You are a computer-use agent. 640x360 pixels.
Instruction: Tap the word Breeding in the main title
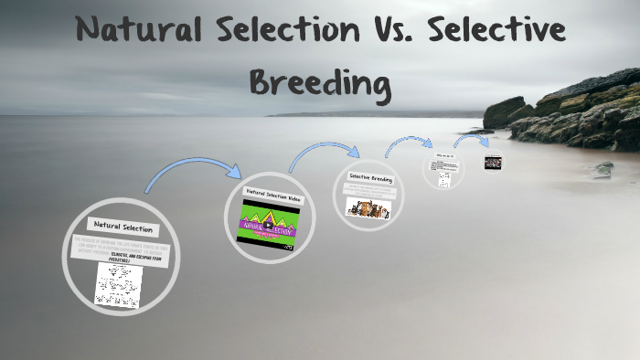[319, 84]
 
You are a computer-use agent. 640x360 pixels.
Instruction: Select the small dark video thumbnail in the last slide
[493, 163]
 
